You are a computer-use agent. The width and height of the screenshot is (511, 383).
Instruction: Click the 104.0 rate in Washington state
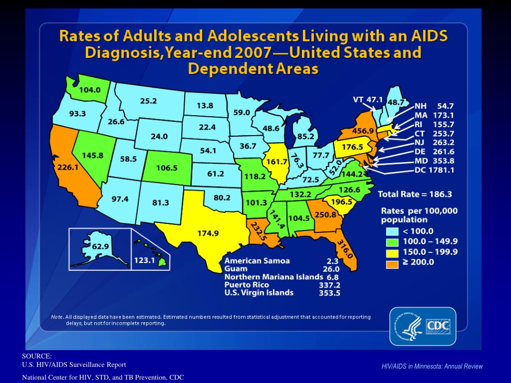point(90,90)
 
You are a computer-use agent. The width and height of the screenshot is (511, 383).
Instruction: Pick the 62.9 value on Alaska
point(100,246)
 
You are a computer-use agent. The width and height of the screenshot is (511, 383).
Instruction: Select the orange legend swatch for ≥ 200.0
point(393,262)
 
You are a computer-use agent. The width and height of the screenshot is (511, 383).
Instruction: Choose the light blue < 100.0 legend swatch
point(393,231)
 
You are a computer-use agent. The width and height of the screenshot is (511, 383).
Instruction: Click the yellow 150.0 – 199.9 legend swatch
point(393,251)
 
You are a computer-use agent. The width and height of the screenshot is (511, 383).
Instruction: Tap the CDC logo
point(423,327)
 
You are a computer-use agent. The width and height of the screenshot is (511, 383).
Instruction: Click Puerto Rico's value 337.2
point(329,285)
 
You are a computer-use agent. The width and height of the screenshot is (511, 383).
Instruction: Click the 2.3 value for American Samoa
point(333,260)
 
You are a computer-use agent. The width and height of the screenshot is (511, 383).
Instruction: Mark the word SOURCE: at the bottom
point(37,356)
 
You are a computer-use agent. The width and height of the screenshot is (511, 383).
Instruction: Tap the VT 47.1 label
point(368,100)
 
